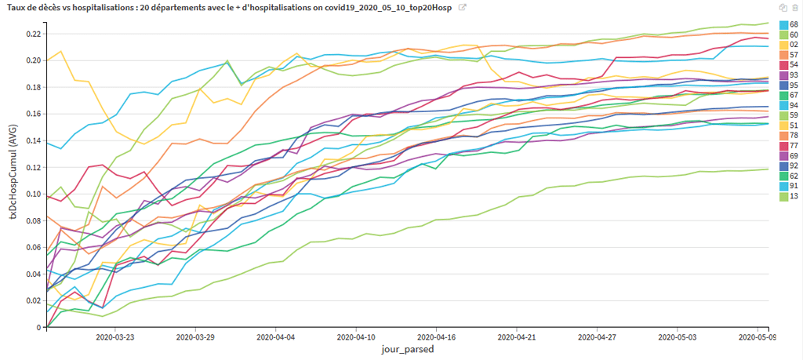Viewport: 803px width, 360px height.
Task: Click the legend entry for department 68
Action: pyautogui.click(x=789, y=24)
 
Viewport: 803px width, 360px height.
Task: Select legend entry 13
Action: pyautogui.click(x=789, y=195)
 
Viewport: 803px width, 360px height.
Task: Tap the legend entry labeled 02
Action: pyautogui.click(x=789, y=45)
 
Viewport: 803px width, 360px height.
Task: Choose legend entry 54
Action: pyautogui.click(x=789, y=64)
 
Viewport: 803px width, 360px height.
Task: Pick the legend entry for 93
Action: pyautogui.click(x=789, y=75)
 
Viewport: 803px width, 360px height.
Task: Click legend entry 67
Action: pyautogui.click(x=789, y=95)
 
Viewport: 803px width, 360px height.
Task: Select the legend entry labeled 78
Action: pyautogui.click(x=789, y=135)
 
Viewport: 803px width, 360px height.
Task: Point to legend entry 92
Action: pyautogui.click(x=789, y=165)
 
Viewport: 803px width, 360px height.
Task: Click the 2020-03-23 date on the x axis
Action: pyautogui.click(x=114, y=337)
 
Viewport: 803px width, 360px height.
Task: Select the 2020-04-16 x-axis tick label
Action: pyautogui.click(x=436, y=337)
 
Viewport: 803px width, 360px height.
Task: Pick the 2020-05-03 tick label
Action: pyautogui.click(x=678, y=337)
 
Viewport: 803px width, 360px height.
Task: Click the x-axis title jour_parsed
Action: pyautogui.click(x=408, y=350)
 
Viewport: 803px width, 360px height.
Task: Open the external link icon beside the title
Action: pyautogui.click(x=463, y=8)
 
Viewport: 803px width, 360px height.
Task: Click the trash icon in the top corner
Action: pyautogui.click(x=795, y=8)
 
